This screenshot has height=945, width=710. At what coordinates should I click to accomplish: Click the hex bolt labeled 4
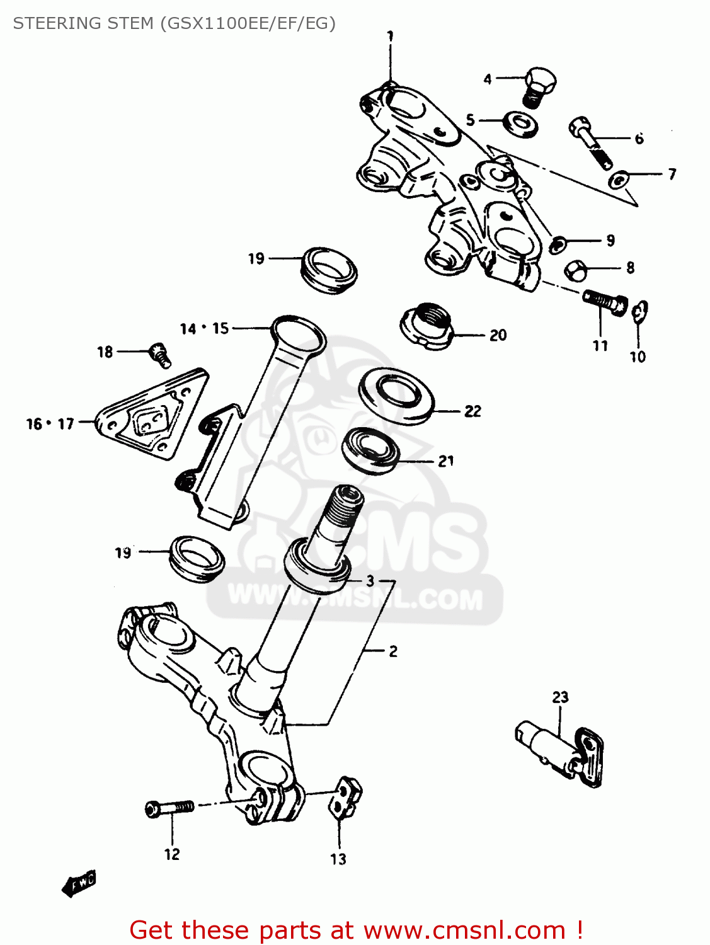[x=539, y=85]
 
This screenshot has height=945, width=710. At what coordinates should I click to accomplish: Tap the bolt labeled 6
[x=591, y=142]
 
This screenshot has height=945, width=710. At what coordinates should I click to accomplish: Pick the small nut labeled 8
[x=576, y=270]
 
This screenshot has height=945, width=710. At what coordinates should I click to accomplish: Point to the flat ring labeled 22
[x=396, y=396]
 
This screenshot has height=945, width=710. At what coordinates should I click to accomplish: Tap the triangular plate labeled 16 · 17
[x=151, y=416]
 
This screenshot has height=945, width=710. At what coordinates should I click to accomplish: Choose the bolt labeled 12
[x=169, y=808]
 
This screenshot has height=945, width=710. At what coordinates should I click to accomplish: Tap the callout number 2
[x=393, y=651]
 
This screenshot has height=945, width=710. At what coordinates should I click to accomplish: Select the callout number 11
[x=600, y=345]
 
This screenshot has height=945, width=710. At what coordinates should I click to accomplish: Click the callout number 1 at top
[x=391, y=36]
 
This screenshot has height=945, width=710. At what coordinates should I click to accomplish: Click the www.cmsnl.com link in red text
[x=464, y=930]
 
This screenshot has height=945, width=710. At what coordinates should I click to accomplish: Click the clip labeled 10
[x=640, y=311]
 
